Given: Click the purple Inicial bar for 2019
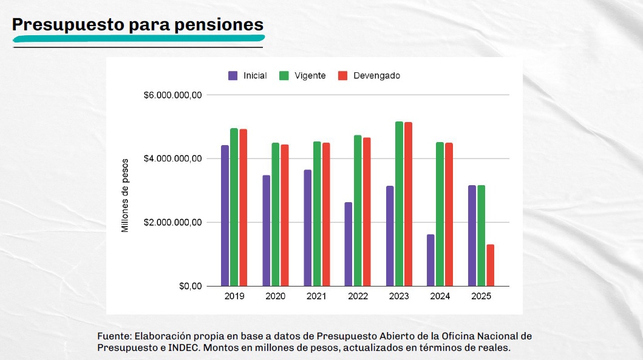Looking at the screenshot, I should (225, 216).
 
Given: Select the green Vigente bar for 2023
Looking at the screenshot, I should (399, 203).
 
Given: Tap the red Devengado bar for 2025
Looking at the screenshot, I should (490, 265).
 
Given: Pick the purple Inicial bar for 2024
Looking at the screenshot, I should (430, 260).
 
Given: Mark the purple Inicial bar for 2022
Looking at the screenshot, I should (348, 243).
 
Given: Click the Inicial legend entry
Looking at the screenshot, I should (248, 76).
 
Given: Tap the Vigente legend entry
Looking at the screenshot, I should (302, 76).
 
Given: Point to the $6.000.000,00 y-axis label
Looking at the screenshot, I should (172, 95).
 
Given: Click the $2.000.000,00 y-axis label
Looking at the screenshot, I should (172, 223).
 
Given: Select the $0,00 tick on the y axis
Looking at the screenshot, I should (190, 287).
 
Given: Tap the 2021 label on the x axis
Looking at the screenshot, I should (316, 297).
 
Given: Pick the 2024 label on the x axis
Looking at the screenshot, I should (440, 297).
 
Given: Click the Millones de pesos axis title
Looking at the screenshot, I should (125, 195).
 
